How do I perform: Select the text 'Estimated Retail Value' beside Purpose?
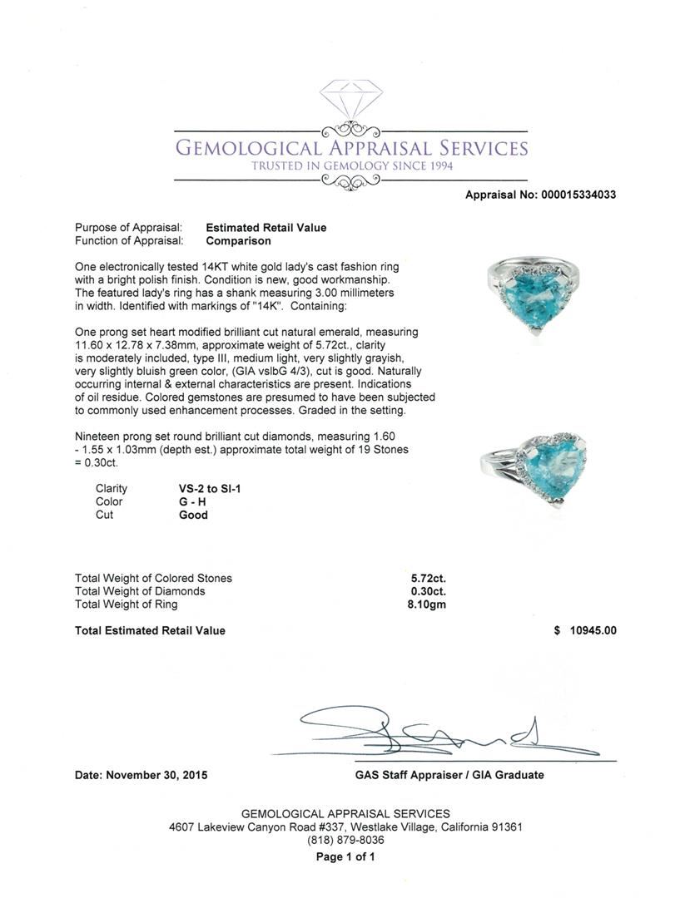tap(266, 228)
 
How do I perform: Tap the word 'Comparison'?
tap(238, 241)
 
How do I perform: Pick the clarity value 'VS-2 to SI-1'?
tap(210, 488)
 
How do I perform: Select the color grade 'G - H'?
tap(193, 501)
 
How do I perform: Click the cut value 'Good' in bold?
tap(193, 515)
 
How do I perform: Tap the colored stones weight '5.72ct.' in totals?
tap(429, 578)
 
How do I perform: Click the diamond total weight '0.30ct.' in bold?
tap(429, 591)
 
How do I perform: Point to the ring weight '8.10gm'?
tap(429, 604)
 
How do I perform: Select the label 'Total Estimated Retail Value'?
tap(150, 630)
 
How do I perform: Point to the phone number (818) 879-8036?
tap(345, 841)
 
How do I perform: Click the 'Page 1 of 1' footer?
tap(345, 856)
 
